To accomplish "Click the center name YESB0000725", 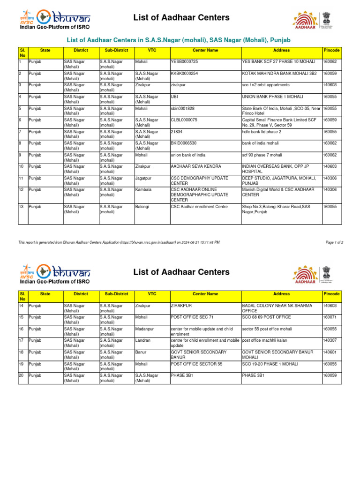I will click(x=184, y=61).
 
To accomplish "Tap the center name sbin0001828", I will click(x=182, y=108).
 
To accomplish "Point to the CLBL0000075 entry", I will click(x=184, y=120).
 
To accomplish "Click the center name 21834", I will click(x=176, y=132).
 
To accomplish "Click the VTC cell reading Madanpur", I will click(x=145, y=329).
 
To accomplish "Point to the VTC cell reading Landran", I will click(x=143, y=340).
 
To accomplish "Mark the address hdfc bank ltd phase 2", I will click(x=261, y=132).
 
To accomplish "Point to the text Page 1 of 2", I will click(x=334, y=242).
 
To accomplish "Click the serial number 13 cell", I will click(x=21, y=206).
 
